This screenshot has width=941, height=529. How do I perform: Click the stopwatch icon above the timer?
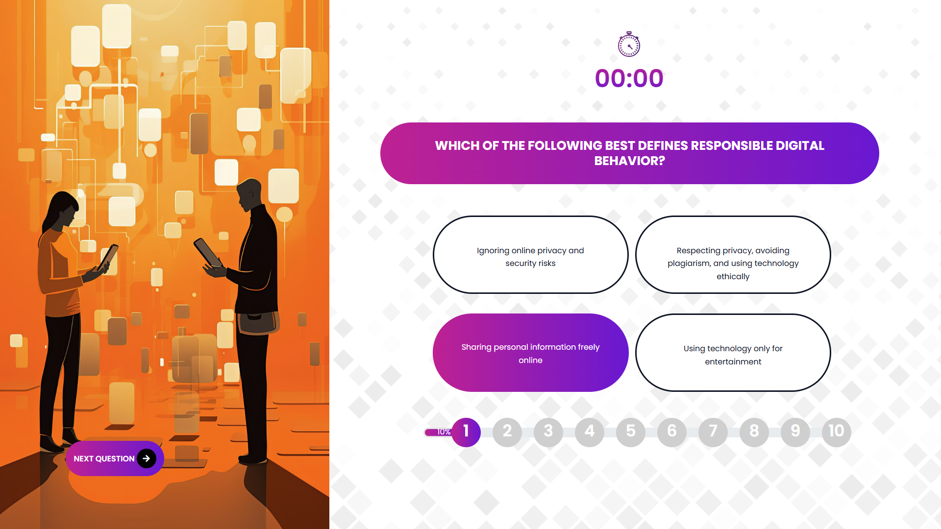[x=629, y=44]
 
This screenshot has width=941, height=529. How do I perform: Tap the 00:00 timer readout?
[x=629, y=78]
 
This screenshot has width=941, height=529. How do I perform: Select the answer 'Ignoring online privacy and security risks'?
[x=530, y=255]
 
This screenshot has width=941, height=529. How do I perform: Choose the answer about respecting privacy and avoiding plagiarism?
[x=733, y=255]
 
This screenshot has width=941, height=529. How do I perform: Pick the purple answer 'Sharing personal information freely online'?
[x=530, y=353]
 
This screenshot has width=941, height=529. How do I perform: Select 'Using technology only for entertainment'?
[x=733, y=353]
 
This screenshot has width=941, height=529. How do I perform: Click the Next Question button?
[x=115, y=458]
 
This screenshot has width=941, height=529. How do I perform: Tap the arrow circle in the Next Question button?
[x=147, y=458]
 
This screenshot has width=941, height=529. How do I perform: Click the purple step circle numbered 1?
[x=466, y=432]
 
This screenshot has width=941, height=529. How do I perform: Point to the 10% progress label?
[x=444, y=432]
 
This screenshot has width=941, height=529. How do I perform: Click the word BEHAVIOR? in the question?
[x=630, y=161]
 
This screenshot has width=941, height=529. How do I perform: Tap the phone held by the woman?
[x=108, y=257]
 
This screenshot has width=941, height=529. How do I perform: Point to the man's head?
[x=249, y=194]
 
